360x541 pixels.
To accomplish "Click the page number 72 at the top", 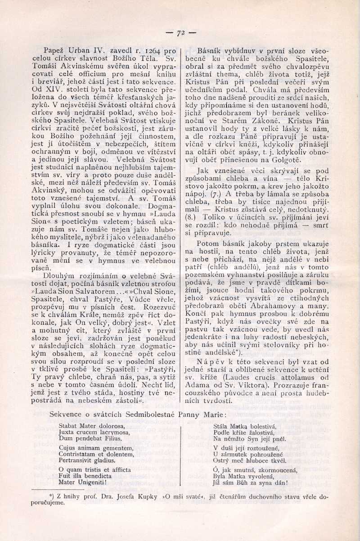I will tap(181, 33).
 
